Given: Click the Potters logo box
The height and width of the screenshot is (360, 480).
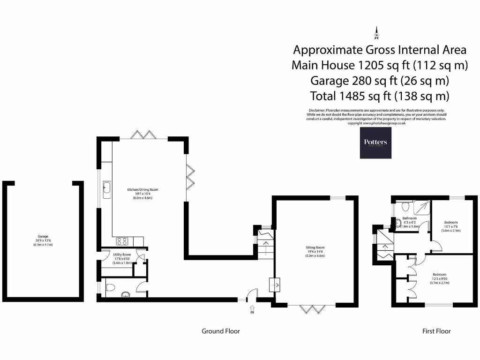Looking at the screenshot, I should pos(375,142).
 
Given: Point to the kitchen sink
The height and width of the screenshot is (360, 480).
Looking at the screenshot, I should pos(106,188).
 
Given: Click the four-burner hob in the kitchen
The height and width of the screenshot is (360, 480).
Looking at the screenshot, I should pos(122,241).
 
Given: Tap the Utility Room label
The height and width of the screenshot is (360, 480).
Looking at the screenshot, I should pos(121,258).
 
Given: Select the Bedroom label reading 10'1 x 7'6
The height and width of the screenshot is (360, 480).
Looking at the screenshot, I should pos(451,226).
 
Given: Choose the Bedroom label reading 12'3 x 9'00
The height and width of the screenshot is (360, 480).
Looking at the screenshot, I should pos(439,278).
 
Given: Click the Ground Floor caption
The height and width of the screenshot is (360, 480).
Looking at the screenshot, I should pos(220,331).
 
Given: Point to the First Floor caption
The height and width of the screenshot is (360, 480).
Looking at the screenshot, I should pos(436,331).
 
